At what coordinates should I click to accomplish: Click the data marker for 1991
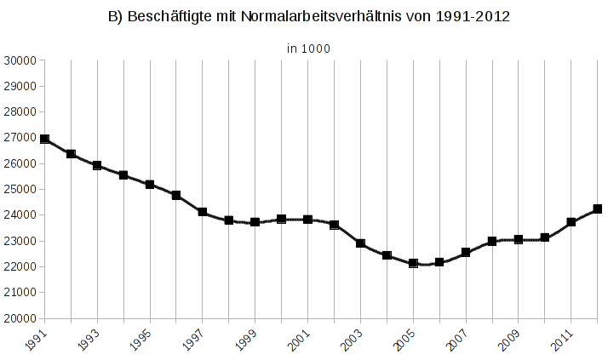(x=44, y=139)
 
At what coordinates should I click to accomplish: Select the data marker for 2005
(x=413, y=263)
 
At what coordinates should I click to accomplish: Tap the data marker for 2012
(x=598, y=209)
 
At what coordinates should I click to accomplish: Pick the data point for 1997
(x=203, y=212)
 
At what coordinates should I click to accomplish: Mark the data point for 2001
(x=307, y=220)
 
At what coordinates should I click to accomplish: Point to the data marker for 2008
(x=492, y=241)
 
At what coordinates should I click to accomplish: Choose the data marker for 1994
(x=123, y=175)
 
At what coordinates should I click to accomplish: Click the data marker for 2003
(x=360, y=243)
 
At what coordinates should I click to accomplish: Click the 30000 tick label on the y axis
(x=20, y=60)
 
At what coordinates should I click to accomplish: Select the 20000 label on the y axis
(x=20, y=318)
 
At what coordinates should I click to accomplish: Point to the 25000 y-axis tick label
(x=20, y=189)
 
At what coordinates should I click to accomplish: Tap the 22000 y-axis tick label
(x=20, y=266)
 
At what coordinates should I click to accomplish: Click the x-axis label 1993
(x=89, y=340)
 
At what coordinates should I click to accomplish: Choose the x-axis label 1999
(x=248, y=340)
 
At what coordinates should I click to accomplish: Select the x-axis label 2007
(x=458, y=340)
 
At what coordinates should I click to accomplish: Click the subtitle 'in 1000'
(x=307, y=49)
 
